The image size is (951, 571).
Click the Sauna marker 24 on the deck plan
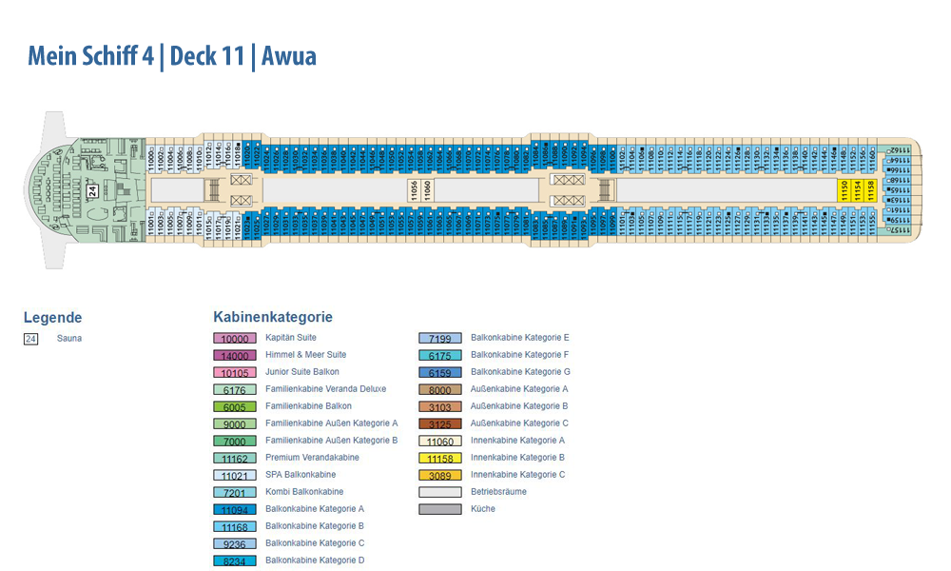93,190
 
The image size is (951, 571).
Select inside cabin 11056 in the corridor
414,190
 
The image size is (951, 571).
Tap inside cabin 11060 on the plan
427,190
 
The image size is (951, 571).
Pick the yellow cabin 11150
844,190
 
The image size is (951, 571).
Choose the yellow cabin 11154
857,190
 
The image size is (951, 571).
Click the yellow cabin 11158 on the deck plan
870,190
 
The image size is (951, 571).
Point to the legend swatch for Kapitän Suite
234,338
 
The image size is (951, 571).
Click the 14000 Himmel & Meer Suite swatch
234,355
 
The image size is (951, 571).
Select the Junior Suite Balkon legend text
302,372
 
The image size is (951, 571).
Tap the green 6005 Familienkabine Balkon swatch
234,406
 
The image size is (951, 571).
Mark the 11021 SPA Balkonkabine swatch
234,475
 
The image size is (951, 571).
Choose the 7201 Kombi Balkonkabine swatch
234,492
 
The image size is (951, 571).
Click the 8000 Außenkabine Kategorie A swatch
440,389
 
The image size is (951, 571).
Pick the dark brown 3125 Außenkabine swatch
440,423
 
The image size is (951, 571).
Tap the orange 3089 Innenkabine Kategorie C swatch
440,475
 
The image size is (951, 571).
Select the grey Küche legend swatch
440,509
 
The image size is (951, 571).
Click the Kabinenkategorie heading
273,317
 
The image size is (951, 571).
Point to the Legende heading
52,318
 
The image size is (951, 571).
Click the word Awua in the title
289,56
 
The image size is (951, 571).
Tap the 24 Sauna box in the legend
31,338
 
